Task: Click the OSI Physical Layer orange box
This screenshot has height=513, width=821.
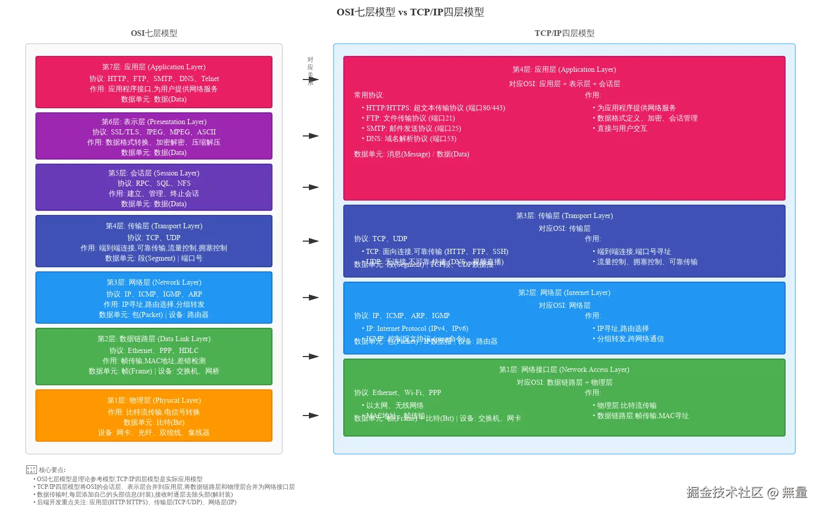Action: tap(154, 416)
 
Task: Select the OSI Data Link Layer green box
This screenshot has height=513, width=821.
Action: tap(154, 356)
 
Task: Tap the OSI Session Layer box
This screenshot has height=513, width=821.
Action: tap(154, 187)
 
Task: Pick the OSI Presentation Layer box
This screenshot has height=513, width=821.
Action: tap(154, 136)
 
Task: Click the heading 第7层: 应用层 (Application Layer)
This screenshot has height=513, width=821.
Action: tap(154, 67)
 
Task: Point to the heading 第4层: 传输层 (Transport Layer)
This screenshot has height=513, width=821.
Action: tap(154, 226)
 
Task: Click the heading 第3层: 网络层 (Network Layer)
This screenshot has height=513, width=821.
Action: tap(154, 283)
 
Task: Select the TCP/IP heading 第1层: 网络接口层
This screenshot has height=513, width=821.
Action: tap(564, 370)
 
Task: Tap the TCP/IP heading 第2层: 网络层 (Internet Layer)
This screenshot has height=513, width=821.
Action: tap(564, 293)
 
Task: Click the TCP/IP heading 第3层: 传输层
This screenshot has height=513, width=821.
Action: tap(564, 216)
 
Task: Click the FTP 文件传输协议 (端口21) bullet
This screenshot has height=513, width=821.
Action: tap(410, 119)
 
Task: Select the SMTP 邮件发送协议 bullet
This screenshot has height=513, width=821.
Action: tap(413, 129)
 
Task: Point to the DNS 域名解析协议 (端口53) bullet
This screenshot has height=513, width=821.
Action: tap(411, 139)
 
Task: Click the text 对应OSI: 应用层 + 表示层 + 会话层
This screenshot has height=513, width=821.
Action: tap(564, 84)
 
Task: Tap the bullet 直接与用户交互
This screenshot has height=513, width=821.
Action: tap(622, 129)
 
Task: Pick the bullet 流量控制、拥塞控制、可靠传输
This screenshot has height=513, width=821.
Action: tap(647, 262)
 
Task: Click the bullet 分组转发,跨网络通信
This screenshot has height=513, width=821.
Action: tap(630, 339)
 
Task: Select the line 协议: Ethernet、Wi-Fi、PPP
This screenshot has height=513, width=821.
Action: tap(398, 393)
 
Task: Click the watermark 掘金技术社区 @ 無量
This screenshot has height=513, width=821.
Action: tap(746, 492)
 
